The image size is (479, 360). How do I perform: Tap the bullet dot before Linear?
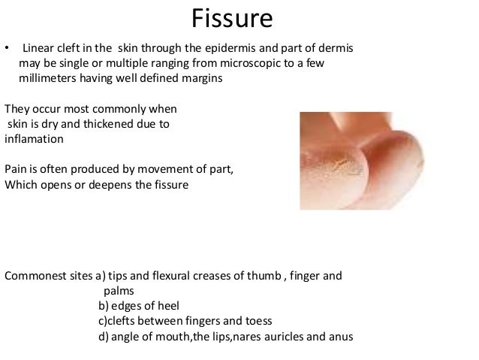pyautogui.click(x=8, y=50)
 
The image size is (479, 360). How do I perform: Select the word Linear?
pyautogui.click(x=41, y=49)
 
